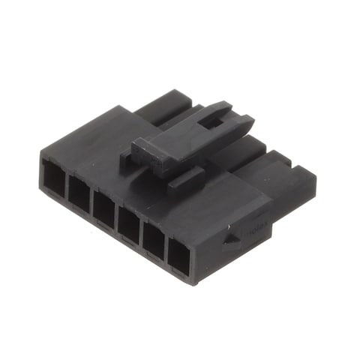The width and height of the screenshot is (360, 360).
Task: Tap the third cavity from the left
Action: tap(103, 208)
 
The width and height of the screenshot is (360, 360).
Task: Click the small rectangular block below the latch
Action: tap(186, 181)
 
